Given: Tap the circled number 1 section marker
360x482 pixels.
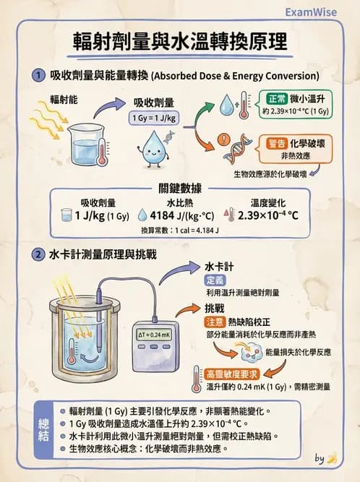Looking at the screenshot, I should point(39,75).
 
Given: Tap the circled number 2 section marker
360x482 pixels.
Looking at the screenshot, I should point(39,255).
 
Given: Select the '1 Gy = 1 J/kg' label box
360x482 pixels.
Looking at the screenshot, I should point(154,119).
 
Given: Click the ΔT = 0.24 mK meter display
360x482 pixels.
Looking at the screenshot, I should point(155,334).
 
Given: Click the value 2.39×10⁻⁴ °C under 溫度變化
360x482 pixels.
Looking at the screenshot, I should point(268,215).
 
